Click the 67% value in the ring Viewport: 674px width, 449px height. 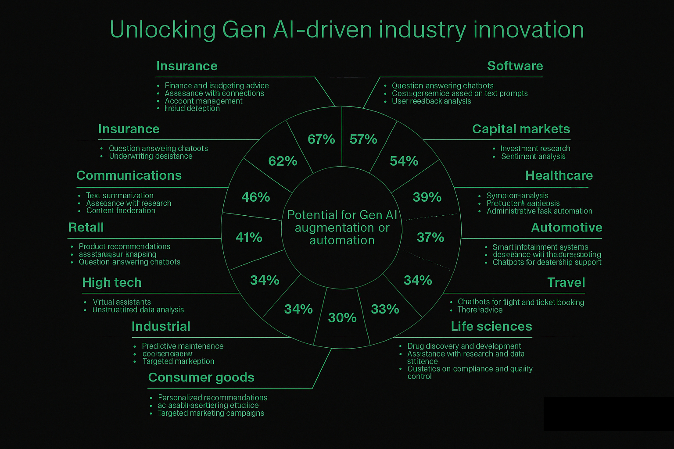[x=321, y=139]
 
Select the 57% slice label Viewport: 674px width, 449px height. [x=363, y=139]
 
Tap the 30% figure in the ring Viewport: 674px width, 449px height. [x=342, y=317]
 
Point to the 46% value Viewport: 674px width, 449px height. [x=256, y=197]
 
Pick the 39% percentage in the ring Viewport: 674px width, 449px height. [x=427, y=197]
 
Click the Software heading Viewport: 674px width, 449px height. [x=515, y=66]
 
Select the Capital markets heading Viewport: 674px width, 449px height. [x=521, y=129]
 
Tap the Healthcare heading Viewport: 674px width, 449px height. [x=559, y=175]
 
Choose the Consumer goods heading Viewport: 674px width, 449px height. [x=201, y=378]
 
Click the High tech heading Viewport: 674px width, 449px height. [x=112, y=282]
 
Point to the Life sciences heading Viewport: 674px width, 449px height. [x=491, y=326]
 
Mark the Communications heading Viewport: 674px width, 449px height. [x=129, y=175]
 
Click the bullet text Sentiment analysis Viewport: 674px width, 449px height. [x=533, y=157]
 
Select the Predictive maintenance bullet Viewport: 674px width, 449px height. [x=183, y=346]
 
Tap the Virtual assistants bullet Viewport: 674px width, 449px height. [x=122, y=302]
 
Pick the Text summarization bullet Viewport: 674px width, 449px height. [x=119, y=196]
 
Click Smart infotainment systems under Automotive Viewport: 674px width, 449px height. [x=540, y=247]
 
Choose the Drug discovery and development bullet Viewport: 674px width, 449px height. [x=464, y=346]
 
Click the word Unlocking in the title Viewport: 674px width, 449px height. [x=162, y=30]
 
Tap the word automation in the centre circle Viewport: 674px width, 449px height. [x=342, y=240]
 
